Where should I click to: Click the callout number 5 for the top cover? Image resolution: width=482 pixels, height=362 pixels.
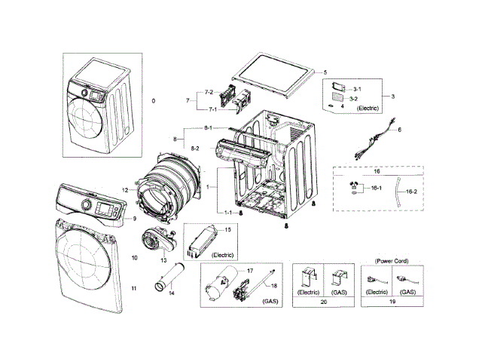tap(325, 72)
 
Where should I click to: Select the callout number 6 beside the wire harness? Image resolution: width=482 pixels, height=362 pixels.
tap(399, 130)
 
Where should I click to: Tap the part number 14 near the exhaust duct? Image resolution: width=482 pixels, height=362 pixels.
tap(170, 292)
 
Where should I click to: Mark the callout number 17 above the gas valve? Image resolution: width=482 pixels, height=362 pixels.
tap(250, 269)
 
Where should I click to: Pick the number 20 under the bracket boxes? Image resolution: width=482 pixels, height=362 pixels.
tap(324, 301)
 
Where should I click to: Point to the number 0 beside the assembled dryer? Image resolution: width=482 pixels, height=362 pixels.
tap(153, 100)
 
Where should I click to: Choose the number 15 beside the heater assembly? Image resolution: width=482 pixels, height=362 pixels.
tap(227, 229)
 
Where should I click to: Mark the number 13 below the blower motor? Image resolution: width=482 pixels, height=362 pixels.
tap(163, 260)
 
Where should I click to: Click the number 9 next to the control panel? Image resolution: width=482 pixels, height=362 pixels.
tap(134, 219)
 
